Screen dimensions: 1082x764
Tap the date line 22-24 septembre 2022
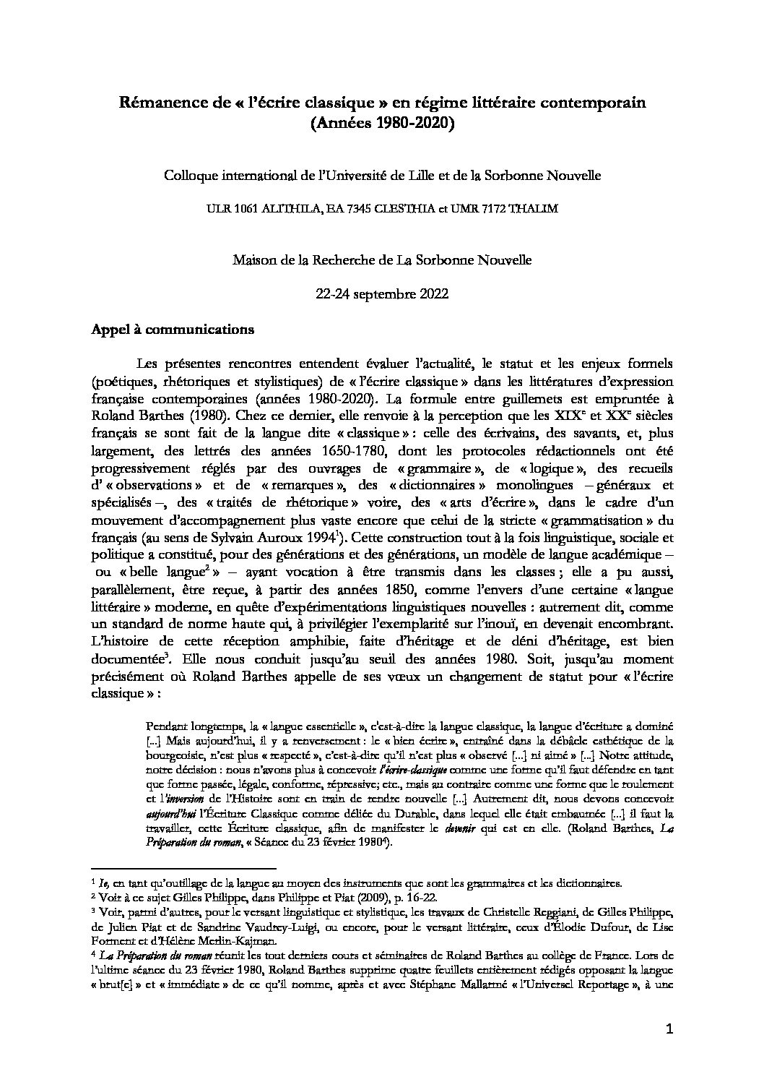pos(381,294)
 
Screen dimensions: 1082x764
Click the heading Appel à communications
pos(172,330)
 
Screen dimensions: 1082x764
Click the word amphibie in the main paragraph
pos(319,641)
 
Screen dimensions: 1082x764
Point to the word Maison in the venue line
pos(252,259)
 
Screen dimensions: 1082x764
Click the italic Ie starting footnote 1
pos(103,883)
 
